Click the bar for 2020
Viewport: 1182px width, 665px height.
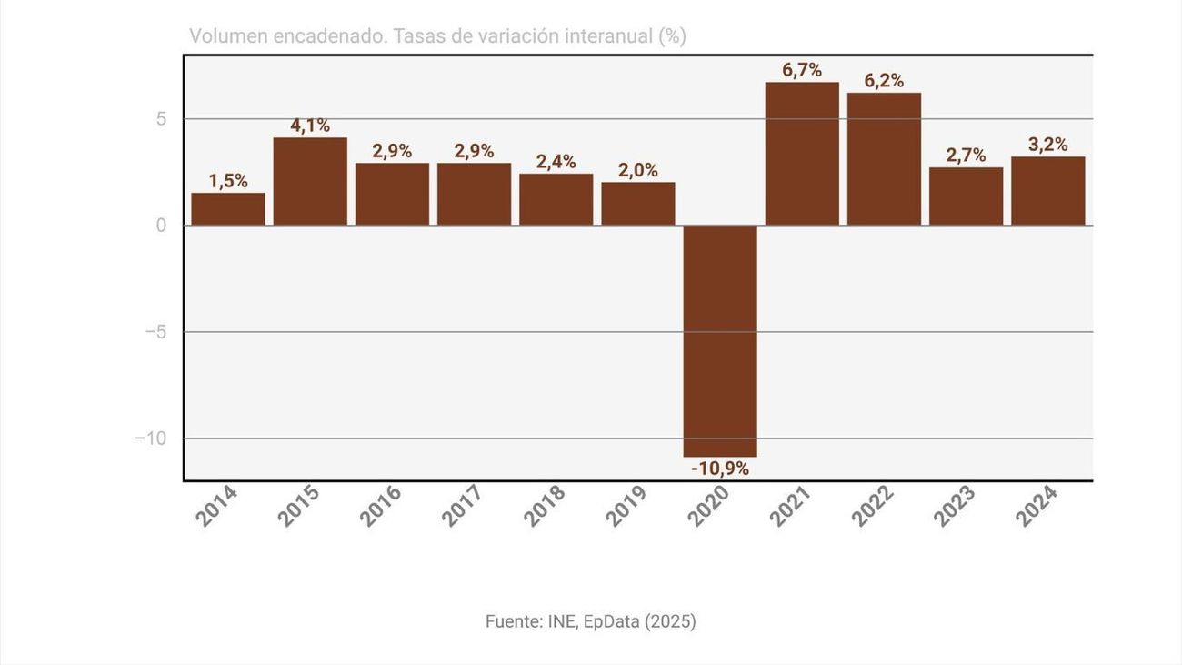(x=720, y=340)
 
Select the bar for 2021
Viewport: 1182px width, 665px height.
(x=802, y=154)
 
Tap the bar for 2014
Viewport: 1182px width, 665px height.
(x=228, y=209)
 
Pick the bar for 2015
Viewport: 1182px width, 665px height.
(x=310, y=181)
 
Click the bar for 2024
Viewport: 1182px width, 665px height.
(x=1047, y=191)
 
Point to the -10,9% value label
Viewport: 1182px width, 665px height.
(x=720, y=469)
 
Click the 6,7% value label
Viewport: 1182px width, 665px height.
(x=802, y=70)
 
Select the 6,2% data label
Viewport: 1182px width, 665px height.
(x=884, y=80)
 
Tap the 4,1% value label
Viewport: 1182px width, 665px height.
(x=310, y=126)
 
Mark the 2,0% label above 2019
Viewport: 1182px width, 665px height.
(x=638, y=170)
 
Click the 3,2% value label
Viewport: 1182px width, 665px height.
(x=1047, y=145)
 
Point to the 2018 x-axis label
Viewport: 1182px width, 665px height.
(x=544, y=506)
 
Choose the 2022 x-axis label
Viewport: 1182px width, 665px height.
(x=872, y=506)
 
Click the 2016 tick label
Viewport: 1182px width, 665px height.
(x=380, y=506)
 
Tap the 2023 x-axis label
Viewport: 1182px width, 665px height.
(x=954, y=506)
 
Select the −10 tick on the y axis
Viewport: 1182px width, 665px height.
(x=151, y=438)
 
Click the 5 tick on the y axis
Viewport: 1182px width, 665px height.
(x=161, y=119)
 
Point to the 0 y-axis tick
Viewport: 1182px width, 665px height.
(x=161, y=226)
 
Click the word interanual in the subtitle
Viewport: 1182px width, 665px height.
(x=607, y=36)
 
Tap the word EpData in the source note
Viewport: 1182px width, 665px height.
(x=610, y=621)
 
